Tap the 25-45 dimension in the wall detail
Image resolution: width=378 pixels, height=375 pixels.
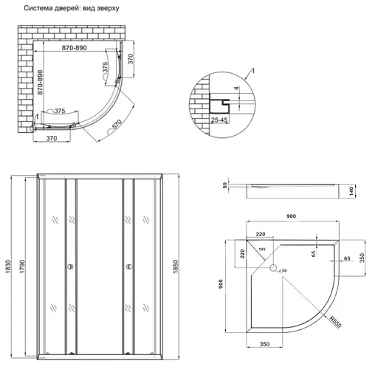[219, 119]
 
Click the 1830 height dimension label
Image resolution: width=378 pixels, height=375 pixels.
[8, 270]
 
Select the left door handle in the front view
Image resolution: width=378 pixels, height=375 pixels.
[69, 267]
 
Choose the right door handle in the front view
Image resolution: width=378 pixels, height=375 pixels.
[128, 267]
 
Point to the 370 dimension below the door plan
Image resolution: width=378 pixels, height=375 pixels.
[52, 138]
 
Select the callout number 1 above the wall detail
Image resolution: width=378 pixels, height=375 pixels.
[253, 69]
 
